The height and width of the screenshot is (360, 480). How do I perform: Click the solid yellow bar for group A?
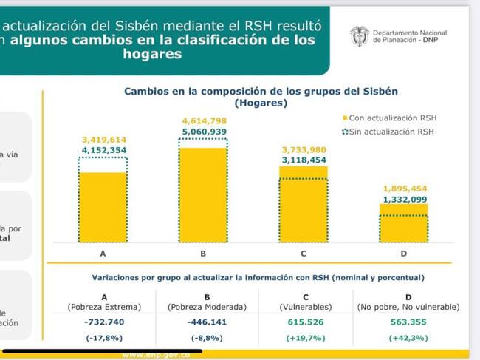point(103,207)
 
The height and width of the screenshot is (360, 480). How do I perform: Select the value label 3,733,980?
point(304,148)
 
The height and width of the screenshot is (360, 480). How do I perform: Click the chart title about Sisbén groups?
point(261,92)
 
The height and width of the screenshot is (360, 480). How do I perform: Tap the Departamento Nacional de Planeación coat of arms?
point(360,37)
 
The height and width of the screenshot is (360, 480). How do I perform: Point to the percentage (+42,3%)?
point(404,339)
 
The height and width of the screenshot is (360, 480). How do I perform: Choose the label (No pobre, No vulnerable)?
point(404,306)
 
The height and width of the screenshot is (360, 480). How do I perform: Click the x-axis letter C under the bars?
point(304,254)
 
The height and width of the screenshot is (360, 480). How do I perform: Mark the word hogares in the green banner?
point(153,55)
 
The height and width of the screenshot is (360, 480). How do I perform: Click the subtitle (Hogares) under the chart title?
point(261,103)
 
